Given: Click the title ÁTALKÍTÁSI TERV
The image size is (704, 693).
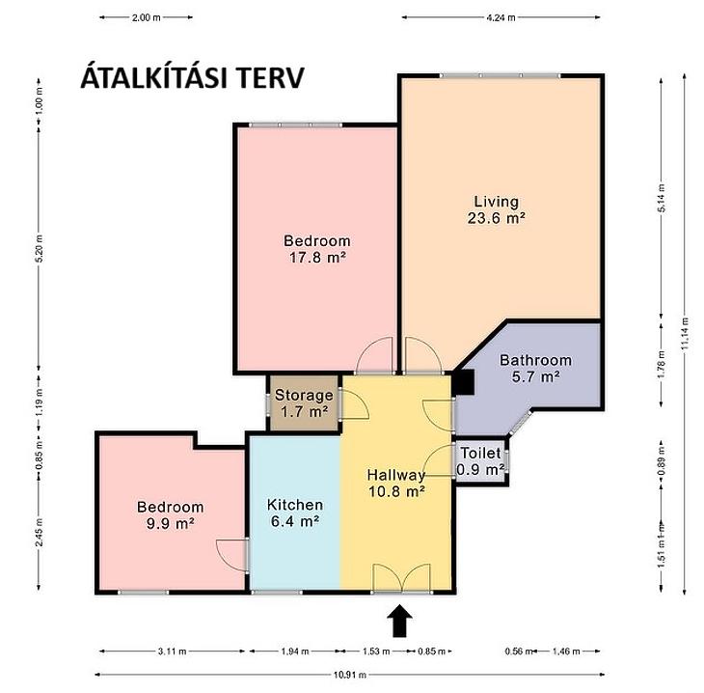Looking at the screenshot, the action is (x=192, y=77).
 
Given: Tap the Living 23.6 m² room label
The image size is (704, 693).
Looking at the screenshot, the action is (x=496, y=209).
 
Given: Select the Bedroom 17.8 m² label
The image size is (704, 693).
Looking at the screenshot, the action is (x=317, y=249).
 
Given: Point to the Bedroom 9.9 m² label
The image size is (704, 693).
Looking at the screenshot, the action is (x=170, y=515).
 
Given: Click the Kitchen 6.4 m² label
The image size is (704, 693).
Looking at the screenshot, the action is (x=295, y=513).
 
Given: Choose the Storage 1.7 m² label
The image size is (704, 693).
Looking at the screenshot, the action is (x=304, y=403).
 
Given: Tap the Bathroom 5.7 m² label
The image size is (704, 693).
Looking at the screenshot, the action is (x=535, y=368).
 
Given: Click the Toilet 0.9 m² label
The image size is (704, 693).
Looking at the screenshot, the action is (x=480, y=461).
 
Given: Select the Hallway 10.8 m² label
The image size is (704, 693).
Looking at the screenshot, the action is (x=396, y=483).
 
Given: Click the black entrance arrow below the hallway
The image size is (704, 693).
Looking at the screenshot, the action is (x=399, y=621).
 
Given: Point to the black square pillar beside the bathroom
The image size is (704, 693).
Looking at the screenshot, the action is (x=464, y=382).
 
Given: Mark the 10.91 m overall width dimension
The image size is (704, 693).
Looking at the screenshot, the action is (x=350, y=675).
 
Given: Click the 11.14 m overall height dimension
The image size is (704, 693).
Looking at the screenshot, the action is (x=684, y=334).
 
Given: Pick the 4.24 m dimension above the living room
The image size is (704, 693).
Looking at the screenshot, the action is (x=501, y=17).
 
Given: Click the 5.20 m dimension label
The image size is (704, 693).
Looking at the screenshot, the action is (x=39, y=249).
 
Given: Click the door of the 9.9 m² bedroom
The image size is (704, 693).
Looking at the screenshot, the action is (x=231, y=556).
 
